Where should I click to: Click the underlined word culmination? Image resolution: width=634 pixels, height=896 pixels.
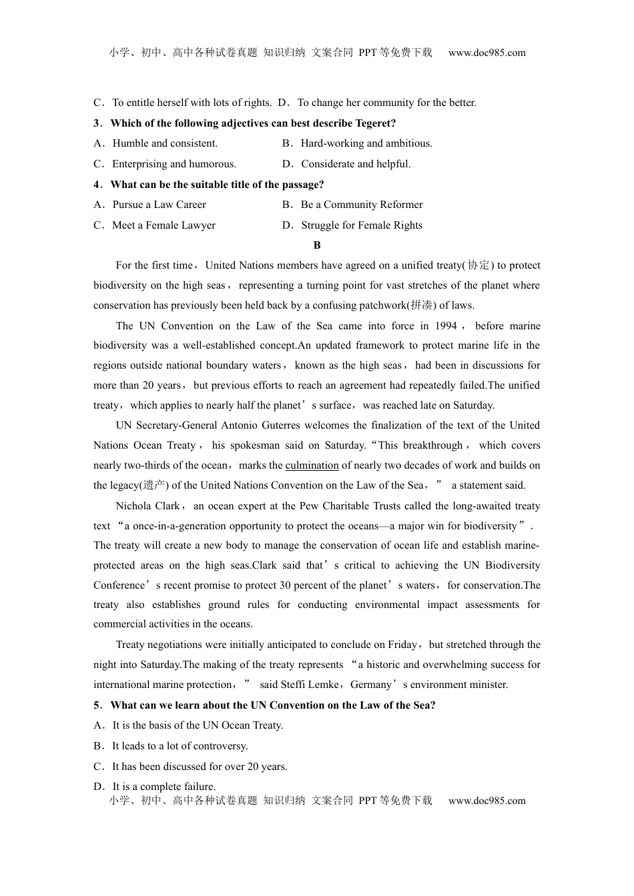click(312, 465)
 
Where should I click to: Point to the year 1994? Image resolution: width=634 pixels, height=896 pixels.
click(445, 325)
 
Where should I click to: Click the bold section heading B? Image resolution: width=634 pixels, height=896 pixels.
click(317, 245)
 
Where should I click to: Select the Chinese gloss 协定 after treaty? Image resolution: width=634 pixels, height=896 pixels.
click(479, 265)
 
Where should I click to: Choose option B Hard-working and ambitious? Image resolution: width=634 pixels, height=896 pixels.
click(366, 143)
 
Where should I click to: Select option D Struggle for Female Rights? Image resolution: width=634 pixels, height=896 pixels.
click(361, 225)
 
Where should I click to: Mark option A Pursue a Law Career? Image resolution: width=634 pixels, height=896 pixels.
click(159, 205)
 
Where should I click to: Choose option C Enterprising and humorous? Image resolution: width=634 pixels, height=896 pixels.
click(174, 164)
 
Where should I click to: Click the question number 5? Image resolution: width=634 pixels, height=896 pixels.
click(97, 705)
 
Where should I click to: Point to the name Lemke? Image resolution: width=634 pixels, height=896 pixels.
click(324, 685)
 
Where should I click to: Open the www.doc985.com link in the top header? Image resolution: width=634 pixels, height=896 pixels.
click(487, 53)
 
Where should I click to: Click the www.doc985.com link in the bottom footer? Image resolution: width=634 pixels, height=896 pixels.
click(487, 801)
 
